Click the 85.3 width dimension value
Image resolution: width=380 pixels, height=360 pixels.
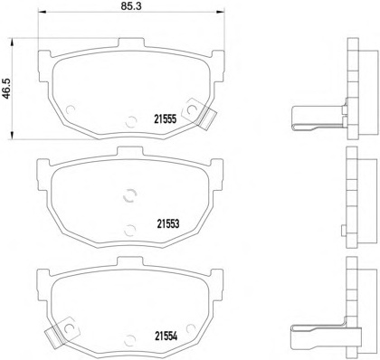pyautogui.click(x=131, y=5)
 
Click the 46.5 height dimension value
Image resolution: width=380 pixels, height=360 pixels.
pyautogui.click(x=6, y=89)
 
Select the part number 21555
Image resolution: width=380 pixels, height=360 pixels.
pyautogui.click(x=165, y=119)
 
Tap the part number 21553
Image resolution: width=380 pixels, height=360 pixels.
pyautogui.click(x=168, y=224)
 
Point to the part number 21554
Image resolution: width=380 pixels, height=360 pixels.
pyautogui.click(x=166, y=336)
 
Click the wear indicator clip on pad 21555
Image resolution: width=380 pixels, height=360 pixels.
pyautogui.click(x=201, y=112)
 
